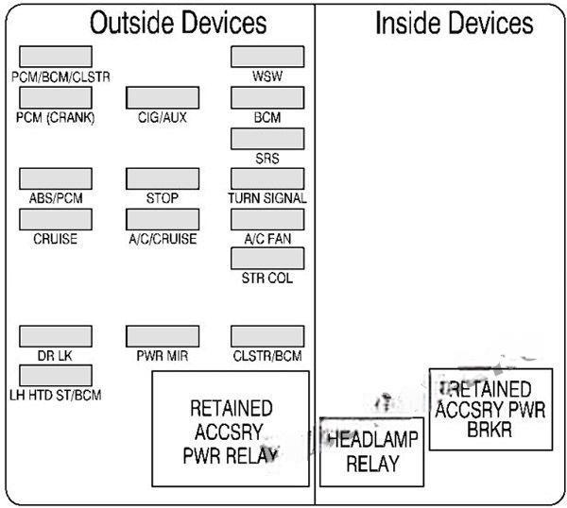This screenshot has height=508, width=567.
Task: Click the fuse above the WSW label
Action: point(267,57)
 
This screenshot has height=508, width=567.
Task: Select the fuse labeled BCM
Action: point(267,97)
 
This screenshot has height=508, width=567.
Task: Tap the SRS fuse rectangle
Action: point(267,139)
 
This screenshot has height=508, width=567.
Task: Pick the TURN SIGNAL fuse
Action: point(267,179)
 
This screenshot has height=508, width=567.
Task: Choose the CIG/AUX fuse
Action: point(162,97)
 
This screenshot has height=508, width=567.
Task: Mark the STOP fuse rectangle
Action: point(162,179)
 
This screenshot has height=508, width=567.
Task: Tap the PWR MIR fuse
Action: point(162,337)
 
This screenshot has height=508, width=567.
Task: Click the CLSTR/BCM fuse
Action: point(267,337)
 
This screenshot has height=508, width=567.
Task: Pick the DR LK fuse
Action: point(56,337)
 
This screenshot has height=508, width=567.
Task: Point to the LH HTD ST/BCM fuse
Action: point(56,376)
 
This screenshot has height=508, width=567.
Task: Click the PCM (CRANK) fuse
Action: point(56,97)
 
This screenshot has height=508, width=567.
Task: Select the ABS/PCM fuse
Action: point(56,179)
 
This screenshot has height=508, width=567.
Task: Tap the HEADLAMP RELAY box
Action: point(372,451)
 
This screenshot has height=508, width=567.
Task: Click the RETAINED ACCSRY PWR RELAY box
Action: point(231,428)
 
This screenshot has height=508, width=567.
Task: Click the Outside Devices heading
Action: point(179,24)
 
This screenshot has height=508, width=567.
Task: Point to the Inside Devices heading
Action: point(454,24)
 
